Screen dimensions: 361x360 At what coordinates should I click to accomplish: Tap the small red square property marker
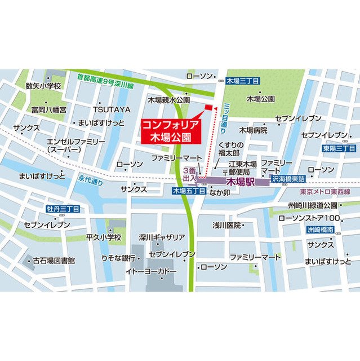[208, 107]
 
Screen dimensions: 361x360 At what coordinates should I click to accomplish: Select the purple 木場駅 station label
[241, 182]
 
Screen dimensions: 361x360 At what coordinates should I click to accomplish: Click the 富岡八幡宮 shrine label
[49, 109]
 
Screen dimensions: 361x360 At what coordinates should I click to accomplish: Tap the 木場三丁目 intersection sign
[242, 81]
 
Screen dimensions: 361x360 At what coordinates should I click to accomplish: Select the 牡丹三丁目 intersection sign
[63, 209]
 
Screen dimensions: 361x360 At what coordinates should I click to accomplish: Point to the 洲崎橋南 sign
[321, 230]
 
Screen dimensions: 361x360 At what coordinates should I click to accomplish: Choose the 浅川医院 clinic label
[227, 225]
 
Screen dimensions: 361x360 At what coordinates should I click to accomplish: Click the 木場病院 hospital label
[253, 130]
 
